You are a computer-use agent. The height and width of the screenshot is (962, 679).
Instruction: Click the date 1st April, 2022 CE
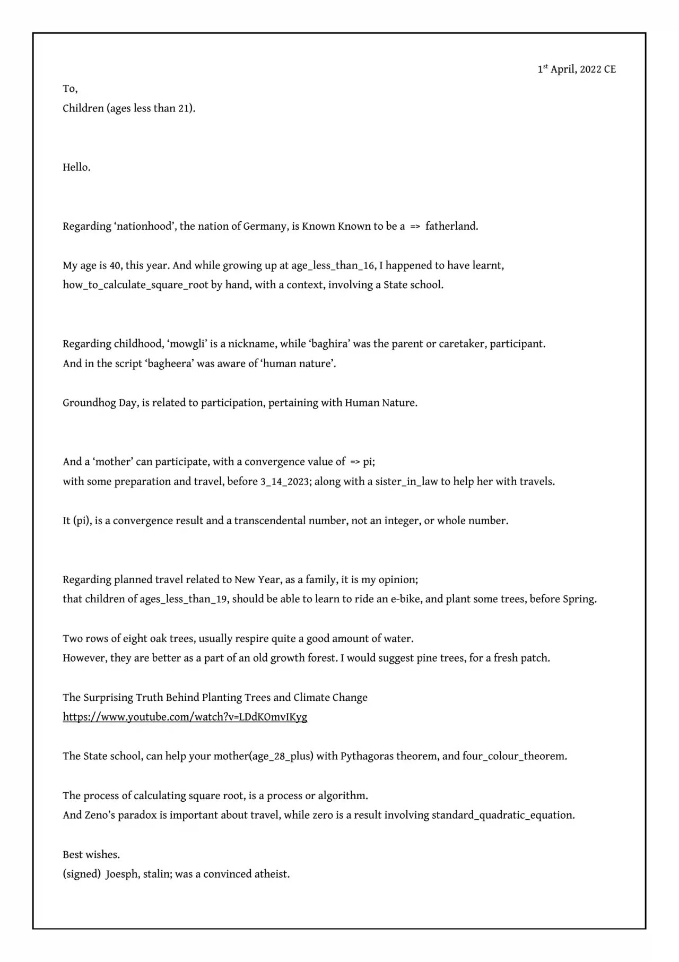tap(577, 70)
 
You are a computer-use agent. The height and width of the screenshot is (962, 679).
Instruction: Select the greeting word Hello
tap(76, 168)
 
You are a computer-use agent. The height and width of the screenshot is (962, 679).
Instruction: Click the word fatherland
tap(451, 227)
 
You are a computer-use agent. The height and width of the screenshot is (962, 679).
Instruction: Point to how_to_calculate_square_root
tap(135, 285)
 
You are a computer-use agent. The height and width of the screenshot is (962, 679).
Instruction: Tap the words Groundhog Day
tap(100, 403)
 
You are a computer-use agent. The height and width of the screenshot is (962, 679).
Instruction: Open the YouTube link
tap(185, 717)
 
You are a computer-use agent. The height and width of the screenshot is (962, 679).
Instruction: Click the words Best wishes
tap(91, 855)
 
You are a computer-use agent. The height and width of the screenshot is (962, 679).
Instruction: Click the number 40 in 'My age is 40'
tap(115, 266)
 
